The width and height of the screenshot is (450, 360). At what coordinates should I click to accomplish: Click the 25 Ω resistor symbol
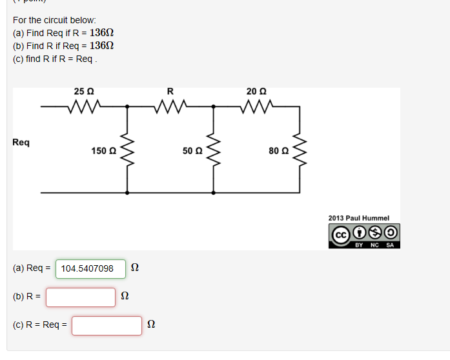click(x=85, y=105)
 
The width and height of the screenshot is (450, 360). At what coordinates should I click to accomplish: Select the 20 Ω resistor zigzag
click(x=256, y=105)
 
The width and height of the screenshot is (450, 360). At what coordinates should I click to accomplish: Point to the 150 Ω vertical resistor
click(x=127, y=150)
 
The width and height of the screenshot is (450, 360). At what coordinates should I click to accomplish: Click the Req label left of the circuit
click(x=21, y=142)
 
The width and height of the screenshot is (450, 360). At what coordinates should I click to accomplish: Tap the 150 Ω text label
click(x=103, y=151)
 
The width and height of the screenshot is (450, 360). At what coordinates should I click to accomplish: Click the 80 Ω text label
click(x=279, y=151)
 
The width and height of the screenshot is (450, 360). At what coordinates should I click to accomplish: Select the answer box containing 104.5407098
click(x=90, y=268)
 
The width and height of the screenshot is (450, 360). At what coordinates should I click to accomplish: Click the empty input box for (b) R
click(x=81, y=297)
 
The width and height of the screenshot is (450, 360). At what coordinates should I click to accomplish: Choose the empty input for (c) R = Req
click(x=107, y=325)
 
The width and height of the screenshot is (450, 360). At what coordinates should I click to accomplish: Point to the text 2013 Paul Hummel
click(x=359, y=218)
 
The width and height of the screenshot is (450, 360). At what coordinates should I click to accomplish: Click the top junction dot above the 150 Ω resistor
click(x=127, y=106)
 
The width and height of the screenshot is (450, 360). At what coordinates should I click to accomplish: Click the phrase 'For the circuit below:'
click(x=54, y=20)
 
